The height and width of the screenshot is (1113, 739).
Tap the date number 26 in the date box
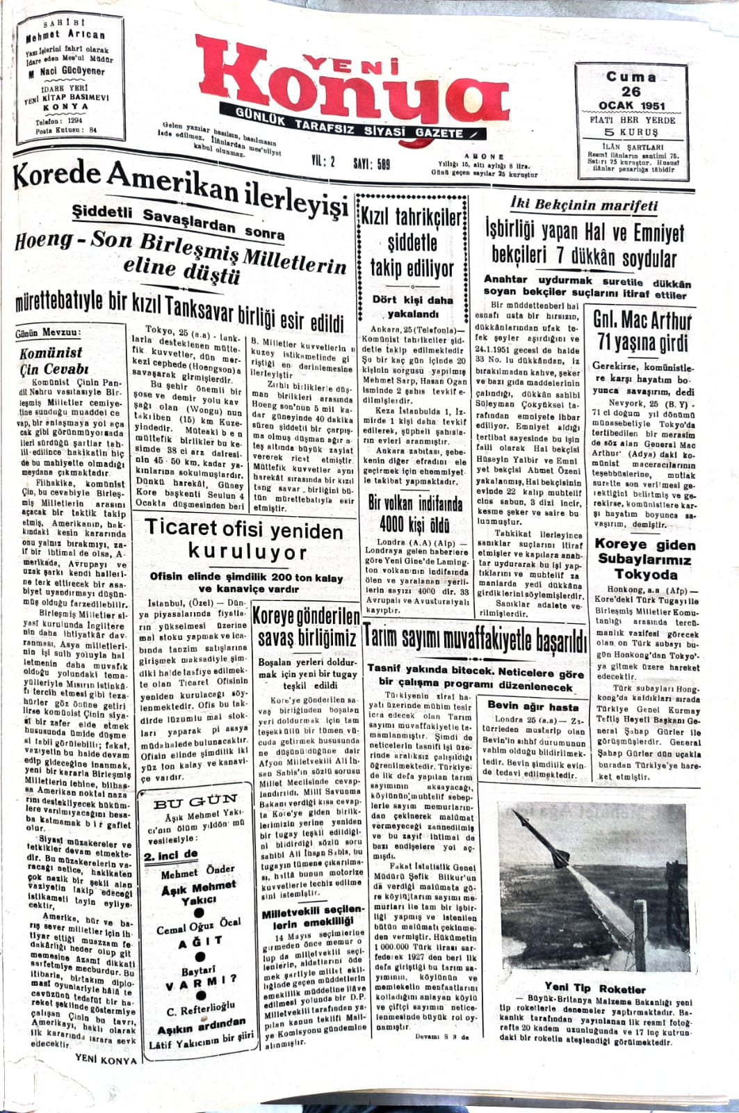(631, 92)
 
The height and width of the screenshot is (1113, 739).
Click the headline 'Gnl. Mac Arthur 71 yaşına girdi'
(642, 331)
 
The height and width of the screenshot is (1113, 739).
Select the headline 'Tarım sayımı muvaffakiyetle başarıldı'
(475, 638)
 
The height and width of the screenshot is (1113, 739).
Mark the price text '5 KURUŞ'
(631, 132)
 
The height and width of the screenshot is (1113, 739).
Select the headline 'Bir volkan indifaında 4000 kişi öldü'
(415, 511)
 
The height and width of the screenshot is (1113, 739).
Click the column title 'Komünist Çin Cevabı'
(53, 360)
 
